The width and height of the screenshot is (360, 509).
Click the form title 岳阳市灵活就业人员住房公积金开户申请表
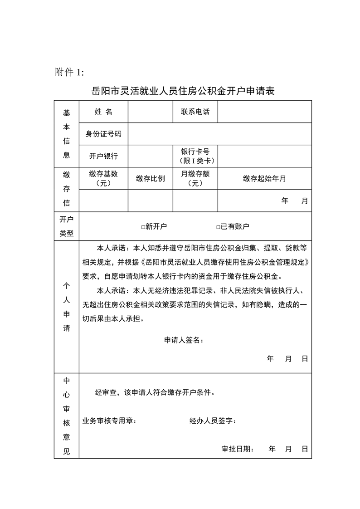(183, 90)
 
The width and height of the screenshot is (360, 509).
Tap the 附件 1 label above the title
(69, 72)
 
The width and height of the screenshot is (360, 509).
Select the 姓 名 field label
(103, 112)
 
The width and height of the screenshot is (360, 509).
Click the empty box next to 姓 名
(150, 112)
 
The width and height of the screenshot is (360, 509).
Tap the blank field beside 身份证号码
(219, 134)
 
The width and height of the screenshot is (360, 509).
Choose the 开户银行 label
(103, 156)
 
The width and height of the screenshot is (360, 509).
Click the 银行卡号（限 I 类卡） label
(195, 156)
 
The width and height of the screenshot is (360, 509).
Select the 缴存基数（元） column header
(103, 178)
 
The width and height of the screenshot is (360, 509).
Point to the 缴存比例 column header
(150, 178)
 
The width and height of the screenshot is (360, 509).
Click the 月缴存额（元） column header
(195, 178)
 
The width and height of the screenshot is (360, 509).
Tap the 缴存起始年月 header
(264, 178)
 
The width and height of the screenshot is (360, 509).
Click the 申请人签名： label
(184, 340)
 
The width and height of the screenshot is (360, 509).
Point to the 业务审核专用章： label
(109, 421)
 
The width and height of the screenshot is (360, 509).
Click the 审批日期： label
(238, 449)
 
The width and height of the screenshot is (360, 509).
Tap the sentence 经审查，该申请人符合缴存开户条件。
(155, 392)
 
